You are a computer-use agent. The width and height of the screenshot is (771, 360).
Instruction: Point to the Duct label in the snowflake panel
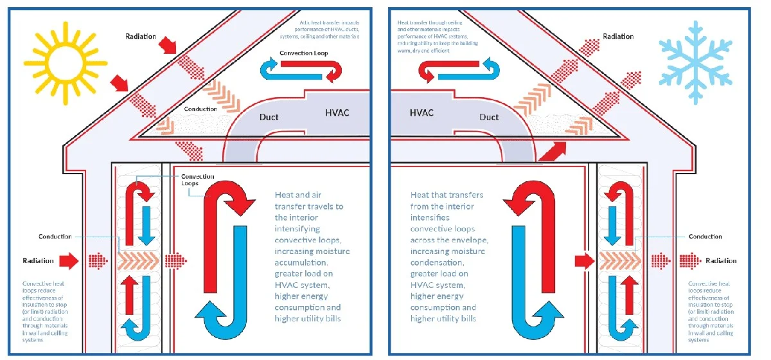click(x=489, y=117)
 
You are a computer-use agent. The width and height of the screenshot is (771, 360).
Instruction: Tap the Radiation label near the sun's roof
click(x=140, y=36)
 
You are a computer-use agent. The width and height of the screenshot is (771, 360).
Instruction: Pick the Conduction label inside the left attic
click(x=200, y=109)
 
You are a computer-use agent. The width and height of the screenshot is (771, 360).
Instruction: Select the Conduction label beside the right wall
click(x=705, y=237)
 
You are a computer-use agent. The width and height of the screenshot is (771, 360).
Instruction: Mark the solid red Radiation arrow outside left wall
click(x=67, y=260)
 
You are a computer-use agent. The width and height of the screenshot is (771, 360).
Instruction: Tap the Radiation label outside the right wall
click(x=721, y=260)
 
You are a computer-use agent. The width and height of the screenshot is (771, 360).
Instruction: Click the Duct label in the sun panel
click(x=269, y=118)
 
